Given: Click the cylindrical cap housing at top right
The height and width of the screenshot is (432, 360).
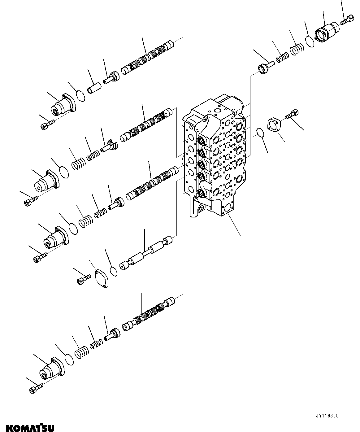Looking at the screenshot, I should click(327, 32).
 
